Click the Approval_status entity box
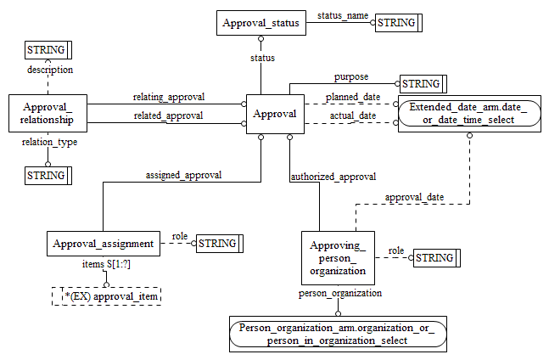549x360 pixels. click(261, 23)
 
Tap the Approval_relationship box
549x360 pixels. click(48, 114)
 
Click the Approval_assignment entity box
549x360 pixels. click(103, 244)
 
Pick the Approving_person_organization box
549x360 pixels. click(337, 257)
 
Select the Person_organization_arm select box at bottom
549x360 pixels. click(336, 334)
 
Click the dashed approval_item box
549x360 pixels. click(105, 295)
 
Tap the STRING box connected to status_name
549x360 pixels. click(399, 23)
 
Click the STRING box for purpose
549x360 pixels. click(423, 84)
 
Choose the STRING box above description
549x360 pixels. click(48, 50)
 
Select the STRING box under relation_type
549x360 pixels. click(48, 176)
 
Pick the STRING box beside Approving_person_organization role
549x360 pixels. click(435, 257)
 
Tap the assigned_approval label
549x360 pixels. click(183, 175)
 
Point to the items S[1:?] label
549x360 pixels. click(105, 265)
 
